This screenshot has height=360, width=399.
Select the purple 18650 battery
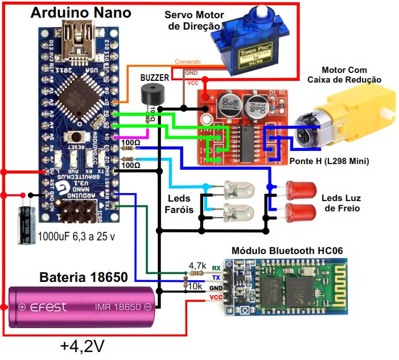(x=83, y=308)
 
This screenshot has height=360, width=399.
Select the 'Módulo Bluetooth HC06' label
(x=287, y=251)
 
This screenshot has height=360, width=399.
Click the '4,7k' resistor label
(x=197, y=265)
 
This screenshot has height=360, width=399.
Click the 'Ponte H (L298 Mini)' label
(x=328, y=162)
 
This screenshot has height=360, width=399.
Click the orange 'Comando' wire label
(x=187, y=61)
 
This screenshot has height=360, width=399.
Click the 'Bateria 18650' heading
(x=83, y=277)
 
